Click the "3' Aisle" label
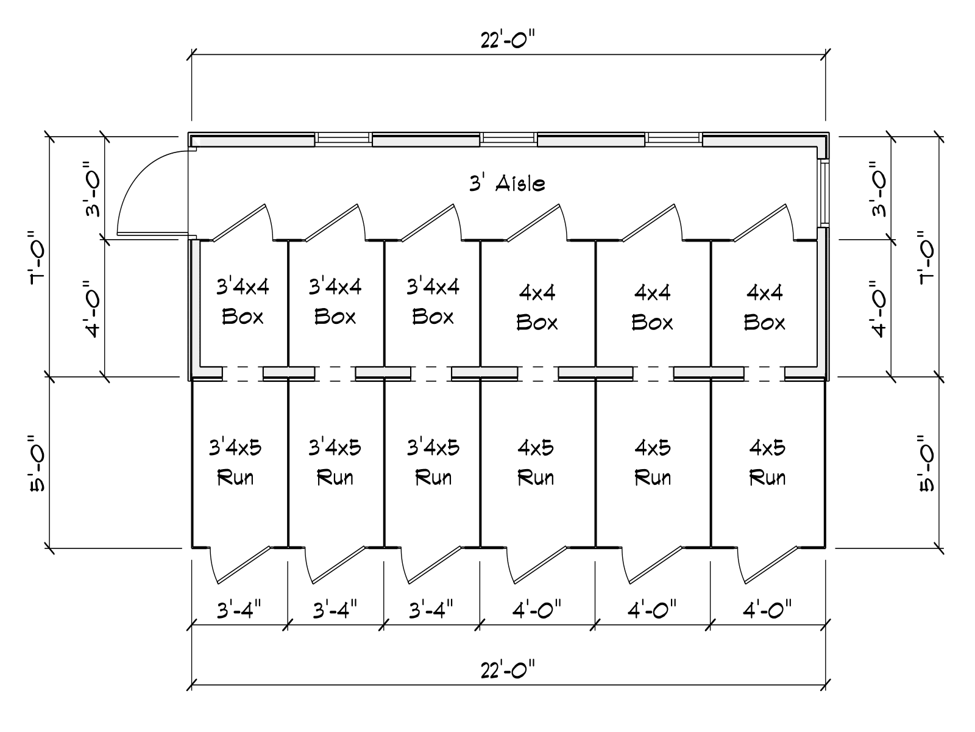[507, 183]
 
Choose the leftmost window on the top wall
[343, 139]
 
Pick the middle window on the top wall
[508, 139]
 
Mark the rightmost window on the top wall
[675, 139]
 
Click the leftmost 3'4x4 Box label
[243, 301]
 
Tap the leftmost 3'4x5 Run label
[235, 462]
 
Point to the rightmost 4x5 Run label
[767, 462]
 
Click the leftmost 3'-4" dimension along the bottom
[239, 609]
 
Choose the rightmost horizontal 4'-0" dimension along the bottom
[767, 609]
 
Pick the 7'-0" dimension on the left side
[37, 257]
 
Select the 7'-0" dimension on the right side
[927, 257]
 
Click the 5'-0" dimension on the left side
[37, 462]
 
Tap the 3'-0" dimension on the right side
[877, 189]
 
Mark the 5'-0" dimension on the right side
[927, 462]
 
